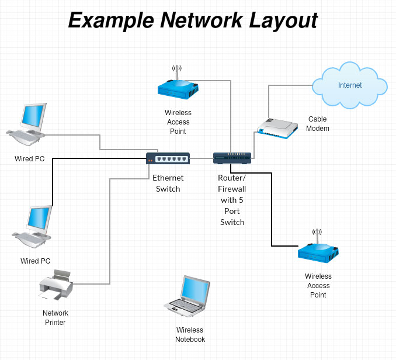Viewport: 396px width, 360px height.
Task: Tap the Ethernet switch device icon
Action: click(x=168, y=158)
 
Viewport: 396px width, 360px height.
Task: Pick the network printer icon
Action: click(x=56, y=286)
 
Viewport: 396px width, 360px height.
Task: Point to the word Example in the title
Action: click(x=110, y=21)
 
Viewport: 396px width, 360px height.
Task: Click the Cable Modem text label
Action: click(x=318, y=124)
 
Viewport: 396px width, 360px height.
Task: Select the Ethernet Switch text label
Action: click(x=168, y=184)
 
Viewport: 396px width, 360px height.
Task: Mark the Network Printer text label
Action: click(x=55, y=318)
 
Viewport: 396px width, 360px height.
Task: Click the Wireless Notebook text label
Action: click(x=190, y=335)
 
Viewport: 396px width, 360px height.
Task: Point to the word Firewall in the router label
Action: click(x=232, y=189)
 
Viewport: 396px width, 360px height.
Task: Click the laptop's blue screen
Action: click(x=194, y=289)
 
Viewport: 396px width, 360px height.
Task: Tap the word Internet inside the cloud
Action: click(x=350, y=85)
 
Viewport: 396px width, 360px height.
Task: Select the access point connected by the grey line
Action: click(x=178, y=88)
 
